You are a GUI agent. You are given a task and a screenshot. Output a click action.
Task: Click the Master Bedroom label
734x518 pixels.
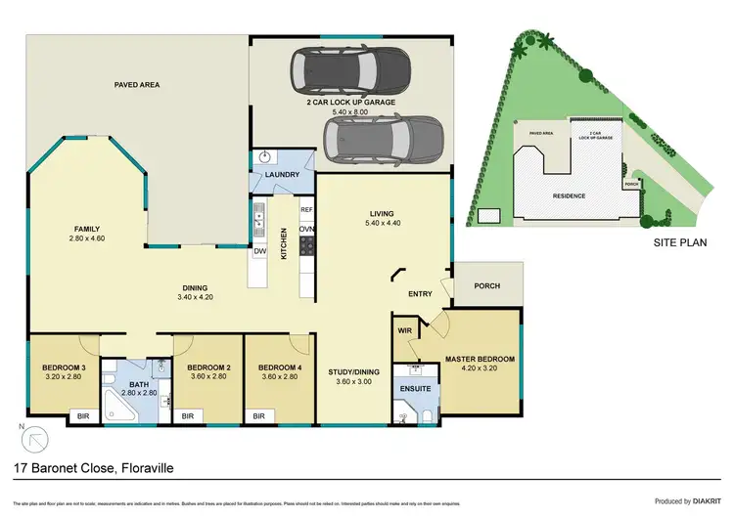click(480, 359)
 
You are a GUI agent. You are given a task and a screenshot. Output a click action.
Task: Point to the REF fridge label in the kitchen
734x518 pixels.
click(305, 210)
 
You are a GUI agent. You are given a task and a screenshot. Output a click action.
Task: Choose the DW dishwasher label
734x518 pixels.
click(260, 252)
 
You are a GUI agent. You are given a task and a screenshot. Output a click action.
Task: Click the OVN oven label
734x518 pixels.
click(305, 230)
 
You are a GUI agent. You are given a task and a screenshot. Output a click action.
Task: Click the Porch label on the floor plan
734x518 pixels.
click(487, 286)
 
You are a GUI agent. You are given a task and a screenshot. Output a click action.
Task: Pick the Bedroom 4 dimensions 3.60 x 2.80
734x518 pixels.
click(278, 377)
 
